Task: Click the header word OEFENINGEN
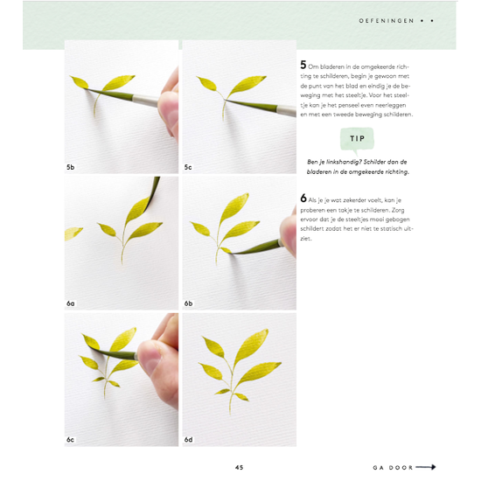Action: pos(387,18)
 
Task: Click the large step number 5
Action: pos(303,65)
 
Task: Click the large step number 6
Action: pos(303,199)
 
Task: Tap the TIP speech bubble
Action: pos(357,138)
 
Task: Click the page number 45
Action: pos(239,467)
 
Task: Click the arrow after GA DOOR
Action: pos(426,467)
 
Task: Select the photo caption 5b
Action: pos(71,166)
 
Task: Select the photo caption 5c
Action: pos(188,166)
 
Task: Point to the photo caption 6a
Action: pos(71,303)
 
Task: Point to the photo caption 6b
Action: pos(188,303)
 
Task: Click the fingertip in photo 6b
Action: pos(287,234)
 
